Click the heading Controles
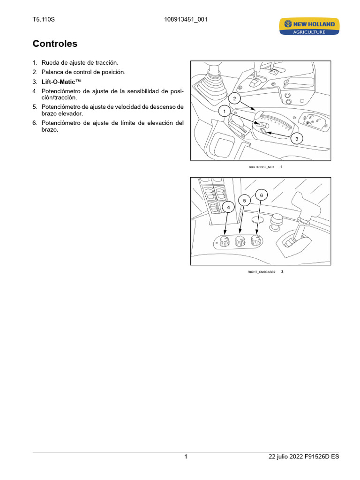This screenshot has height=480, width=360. [55, 44]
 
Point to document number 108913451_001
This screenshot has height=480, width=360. [186, 20]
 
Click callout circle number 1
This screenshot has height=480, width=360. [225, 112]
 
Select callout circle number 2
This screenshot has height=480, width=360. [235, 98]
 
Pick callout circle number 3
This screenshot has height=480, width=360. [296, 139]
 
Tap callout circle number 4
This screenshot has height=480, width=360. [228, 207]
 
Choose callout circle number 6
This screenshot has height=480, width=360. [262, 195]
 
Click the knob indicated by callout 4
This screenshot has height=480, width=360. [224, 242]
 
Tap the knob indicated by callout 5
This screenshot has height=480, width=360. [239, 241]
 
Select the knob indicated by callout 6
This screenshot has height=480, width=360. [255, 240]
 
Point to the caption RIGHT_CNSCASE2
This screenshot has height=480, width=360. [261, 272]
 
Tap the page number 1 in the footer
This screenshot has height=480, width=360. [186, 457]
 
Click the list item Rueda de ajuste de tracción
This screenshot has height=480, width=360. [80, 63]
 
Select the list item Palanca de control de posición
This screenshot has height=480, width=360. [83, 72]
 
